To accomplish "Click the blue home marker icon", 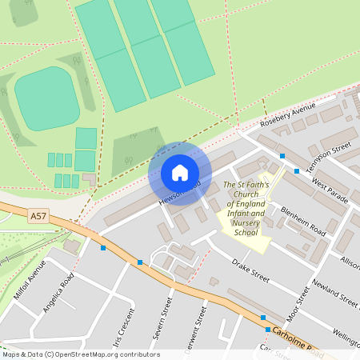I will point(180,173).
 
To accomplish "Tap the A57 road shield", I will point(38,216).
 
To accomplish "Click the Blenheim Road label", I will point(302,221).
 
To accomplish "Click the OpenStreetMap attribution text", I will point(80,354).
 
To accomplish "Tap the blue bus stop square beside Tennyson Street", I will point(297,170).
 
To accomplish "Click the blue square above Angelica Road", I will point(102,248).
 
